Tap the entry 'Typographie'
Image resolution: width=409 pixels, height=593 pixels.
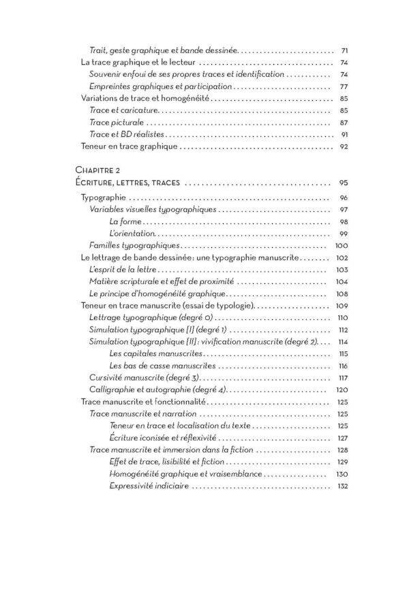[x=102, y=198]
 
